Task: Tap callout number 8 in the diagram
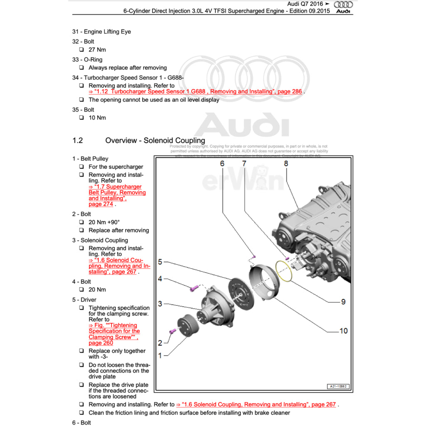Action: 286,163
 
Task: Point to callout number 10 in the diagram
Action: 343,331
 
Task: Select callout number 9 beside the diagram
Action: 343,302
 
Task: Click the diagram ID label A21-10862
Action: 337,386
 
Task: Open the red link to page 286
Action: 195,92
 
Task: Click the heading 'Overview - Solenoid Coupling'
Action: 155,140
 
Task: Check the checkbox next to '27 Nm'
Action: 82,50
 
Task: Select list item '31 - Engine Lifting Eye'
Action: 102,32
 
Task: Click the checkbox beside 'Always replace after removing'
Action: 82,67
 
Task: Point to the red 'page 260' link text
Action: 101,343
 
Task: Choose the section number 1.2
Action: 77,140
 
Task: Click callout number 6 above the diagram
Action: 222,163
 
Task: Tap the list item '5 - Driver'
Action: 84,300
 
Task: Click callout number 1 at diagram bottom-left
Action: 160,355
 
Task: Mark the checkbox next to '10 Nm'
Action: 82,118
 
